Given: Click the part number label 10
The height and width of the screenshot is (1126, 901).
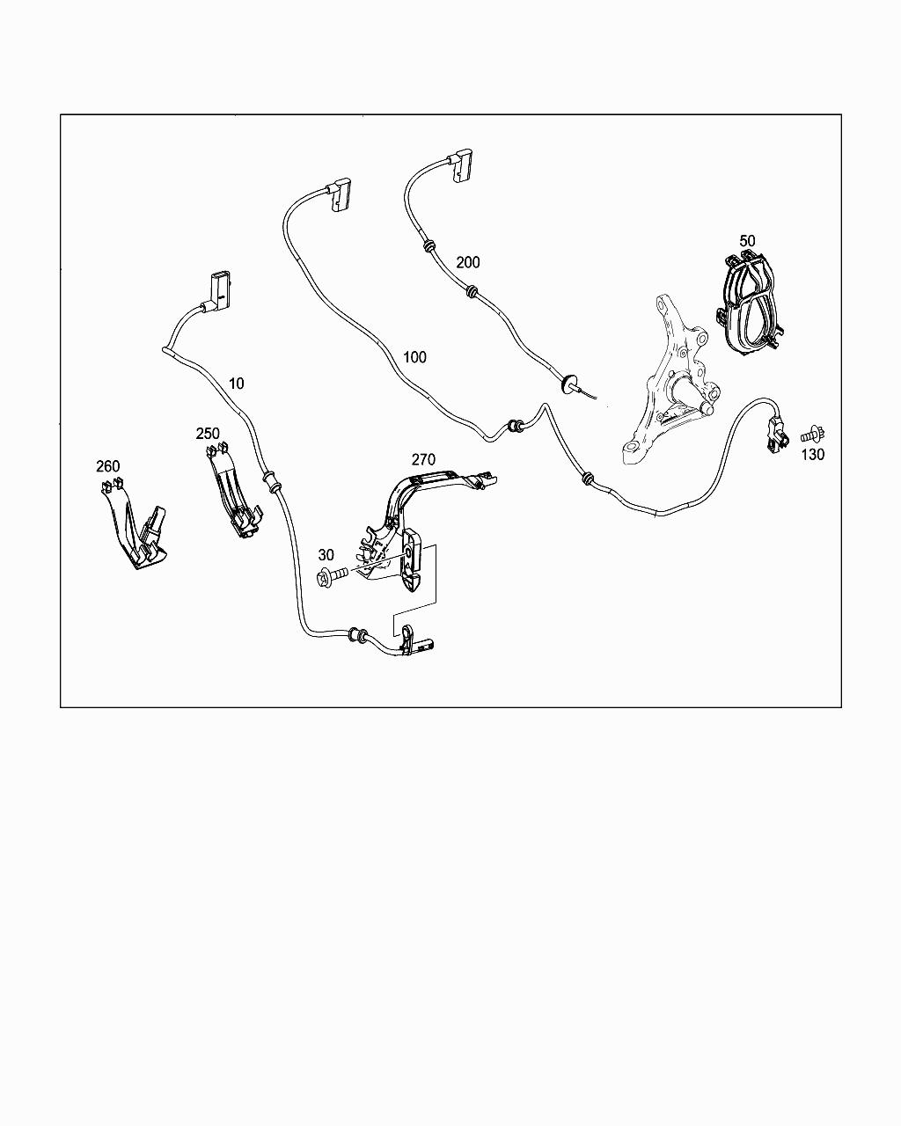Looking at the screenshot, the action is tap(237, 384).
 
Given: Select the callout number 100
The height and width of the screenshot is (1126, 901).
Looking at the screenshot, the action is tap(414, 357).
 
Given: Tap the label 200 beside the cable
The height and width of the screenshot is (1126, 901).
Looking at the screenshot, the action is tap(468, 262).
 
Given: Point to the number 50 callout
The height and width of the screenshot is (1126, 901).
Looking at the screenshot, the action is tap(747, 241).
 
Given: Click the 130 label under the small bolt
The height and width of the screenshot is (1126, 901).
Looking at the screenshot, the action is tap(812, 455).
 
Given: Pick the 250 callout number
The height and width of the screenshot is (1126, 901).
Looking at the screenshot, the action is tap(208, 433).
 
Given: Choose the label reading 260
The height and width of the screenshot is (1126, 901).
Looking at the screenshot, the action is tap(108, 465).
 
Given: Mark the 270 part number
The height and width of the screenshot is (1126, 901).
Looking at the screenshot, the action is tap(423, 459).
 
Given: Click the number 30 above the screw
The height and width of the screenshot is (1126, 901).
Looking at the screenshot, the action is tap(326, 554).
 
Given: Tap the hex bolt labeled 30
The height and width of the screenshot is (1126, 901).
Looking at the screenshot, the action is tap(332, 576).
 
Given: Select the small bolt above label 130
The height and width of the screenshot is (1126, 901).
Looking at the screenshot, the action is tap(812, 435).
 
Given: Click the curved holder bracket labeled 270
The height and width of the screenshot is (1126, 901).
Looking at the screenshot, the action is tap(419, 523).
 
